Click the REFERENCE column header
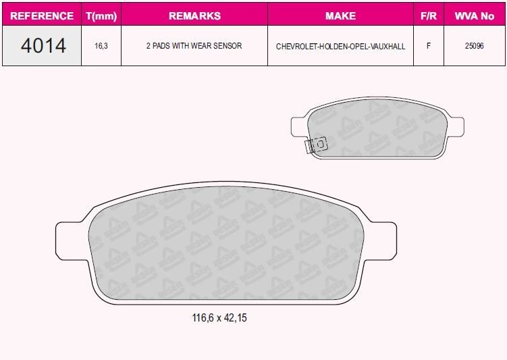42,16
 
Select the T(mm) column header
101,16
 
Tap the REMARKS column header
194,16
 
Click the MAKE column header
340,16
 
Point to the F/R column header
429,16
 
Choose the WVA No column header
475,16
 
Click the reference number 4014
43,46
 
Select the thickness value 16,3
101,46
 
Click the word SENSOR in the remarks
228,46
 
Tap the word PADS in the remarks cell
161,46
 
